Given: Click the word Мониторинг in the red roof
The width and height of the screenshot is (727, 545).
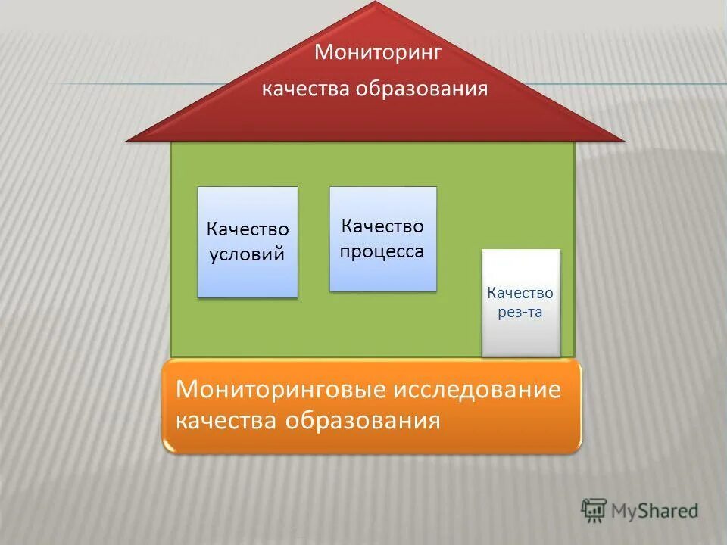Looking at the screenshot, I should pyautogui.click(x=378, y=53).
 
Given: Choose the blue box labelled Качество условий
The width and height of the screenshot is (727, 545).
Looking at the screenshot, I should pyautogui.click(x=248, y=241).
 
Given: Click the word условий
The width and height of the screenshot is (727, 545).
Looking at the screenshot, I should pyautogui.click(x=248, y=254).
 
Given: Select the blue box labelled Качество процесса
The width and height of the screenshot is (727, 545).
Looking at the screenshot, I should pyautogui.click(x=382, y=238).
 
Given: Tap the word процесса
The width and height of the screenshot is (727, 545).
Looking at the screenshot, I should pyautogui.click(x=382, y=251).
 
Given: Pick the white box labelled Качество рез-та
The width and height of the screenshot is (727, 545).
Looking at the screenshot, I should pyautogui.click(x=521, y=303).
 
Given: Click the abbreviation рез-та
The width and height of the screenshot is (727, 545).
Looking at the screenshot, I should pyautogui.click(x=520, y=312).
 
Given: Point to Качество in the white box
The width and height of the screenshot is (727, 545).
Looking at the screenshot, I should pyautogui.click(x=520, y=293).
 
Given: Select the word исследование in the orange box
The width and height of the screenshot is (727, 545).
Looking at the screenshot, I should pyautogui.click(x=479, y=391).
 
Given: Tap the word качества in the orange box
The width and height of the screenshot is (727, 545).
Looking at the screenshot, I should pyautogui.click(x=227, y=419).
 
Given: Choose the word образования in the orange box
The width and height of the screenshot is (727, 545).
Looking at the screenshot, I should pyautogui.click(x=363, y=419).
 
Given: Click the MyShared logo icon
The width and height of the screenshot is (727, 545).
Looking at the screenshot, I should pyautogui.click(x=594, y=510).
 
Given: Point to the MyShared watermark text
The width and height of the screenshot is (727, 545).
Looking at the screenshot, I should pyautogui.click(x=654, y=511).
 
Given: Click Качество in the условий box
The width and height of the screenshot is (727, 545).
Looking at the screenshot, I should pyautogui.click(x=248, y=229).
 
